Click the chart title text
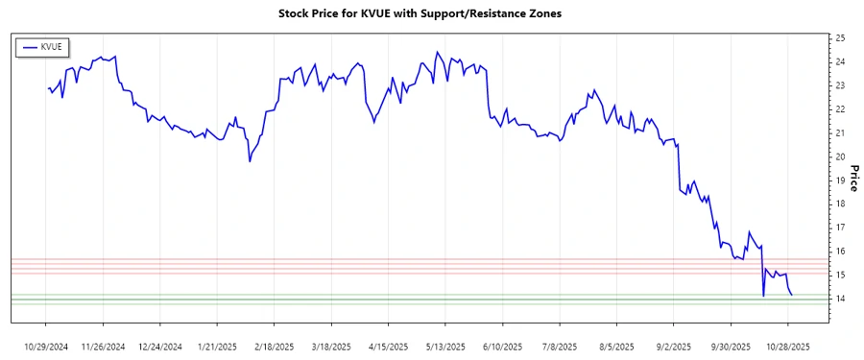tap(431, 14)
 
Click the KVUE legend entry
tap(44, 46)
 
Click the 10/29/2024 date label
tap(47, 346)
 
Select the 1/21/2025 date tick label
tap(216, 346)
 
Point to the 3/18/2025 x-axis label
tap(330, 346)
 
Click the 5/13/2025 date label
tap(444, 346)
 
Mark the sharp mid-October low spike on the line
tap(763, 296)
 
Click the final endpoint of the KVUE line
tap(791, 295)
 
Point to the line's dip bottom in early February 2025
tap(250, 161)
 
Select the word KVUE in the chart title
tap(379, 14)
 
